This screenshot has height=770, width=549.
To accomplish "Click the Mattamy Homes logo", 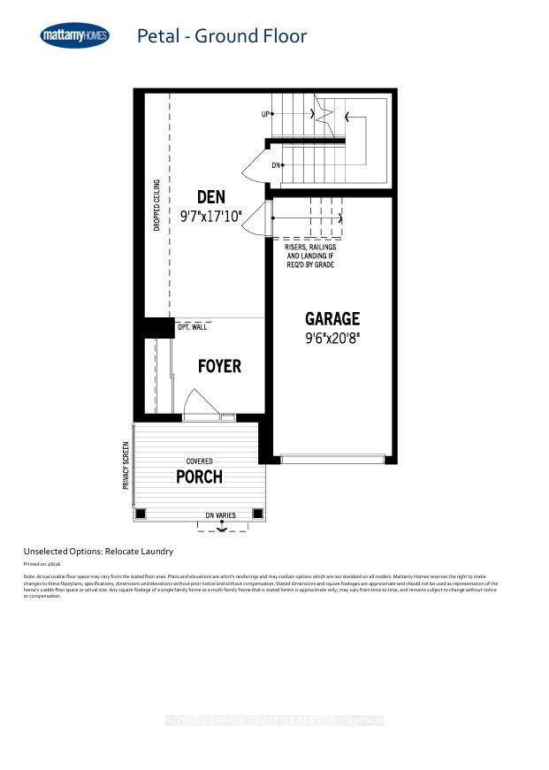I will [75, 36].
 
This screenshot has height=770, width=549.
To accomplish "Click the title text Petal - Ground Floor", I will [221, 36].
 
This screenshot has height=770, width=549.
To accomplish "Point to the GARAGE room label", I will [332, 318].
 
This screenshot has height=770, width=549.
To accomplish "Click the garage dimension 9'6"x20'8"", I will [332, 337].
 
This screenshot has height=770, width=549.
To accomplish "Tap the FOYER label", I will [219, 366].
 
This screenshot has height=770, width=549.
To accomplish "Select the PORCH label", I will [199, 477].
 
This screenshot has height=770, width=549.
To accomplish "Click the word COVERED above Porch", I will [199, 461].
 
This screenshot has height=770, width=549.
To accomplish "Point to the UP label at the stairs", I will [265, 114].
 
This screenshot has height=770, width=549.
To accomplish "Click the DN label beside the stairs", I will [276, 165].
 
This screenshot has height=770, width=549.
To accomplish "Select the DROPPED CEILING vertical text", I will [156, 205].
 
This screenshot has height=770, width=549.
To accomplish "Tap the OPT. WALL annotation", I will [192, 327].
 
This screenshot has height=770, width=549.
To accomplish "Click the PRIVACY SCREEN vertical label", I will [126, 466].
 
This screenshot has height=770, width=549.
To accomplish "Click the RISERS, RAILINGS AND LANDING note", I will [309, 256].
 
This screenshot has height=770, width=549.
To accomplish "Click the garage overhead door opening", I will [332, 459].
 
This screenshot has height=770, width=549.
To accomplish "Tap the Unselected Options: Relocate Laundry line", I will [98, 551].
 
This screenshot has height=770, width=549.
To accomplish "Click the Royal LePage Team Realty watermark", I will [274, 721].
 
